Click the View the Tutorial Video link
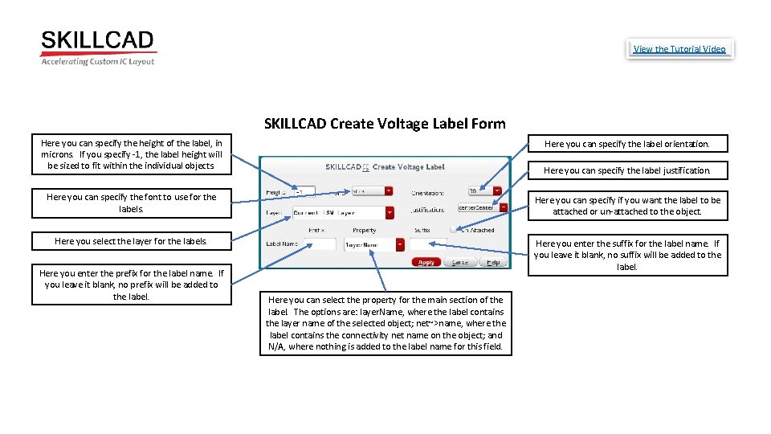pyautogui.click(x=679, y=49)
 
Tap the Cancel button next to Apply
pyautogui.click(x=460, y=262)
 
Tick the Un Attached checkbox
pyautogui.click(x=454, y=229)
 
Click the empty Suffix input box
pyautogui.click(x=427, y=244)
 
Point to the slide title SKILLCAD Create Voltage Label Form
pyautogui.click(x=385, y=124)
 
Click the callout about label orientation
pyautogui.click(x=626, y=144)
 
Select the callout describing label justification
pyautogui.click(x=626, y=170)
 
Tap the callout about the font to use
pyautogui.click(x=131, y=203)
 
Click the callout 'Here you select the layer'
pyautogui.click(x=131, y=241)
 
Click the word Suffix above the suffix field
pyautogui.click(x=422, y=230)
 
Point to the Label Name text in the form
pyautogui.click(x=281, y=244)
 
